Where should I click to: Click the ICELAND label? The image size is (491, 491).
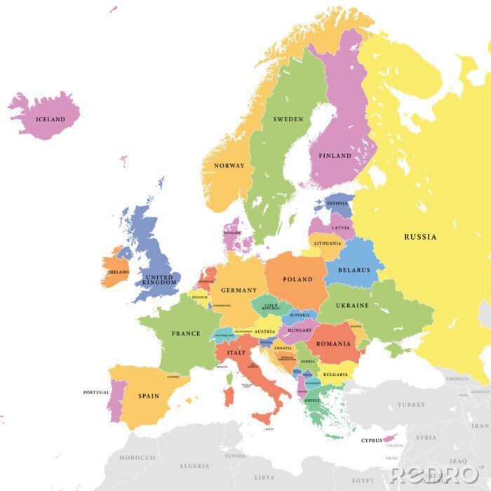[50, 120]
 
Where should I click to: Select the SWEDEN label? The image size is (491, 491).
[288, 120]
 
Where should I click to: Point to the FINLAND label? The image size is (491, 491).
[335, 156]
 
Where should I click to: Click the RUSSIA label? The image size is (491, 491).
[420, 237]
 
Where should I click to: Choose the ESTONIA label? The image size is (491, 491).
[337, 204]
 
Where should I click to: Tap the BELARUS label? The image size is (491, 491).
[354, 269]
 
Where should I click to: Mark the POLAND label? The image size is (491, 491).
[298, 279]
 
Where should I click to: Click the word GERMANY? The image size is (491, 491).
[239, 290]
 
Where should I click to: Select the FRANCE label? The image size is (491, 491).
[186, 334]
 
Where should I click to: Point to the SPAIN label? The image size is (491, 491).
[149, 396]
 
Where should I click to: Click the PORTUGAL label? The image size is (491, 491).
[96, 392]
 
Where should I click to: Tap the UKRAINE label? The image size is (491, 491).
[352, 306]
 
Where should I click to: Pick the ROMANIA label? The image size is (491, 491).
[333, 344]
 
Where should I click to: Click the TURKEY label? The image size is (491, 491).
[411, 405]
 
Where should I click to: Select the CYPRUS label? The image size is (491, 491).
[371, 440]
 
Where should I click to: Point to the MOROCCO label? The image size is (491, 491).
[137, 458]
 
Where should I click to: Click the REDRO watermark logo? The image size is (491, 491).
[435, 475]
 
